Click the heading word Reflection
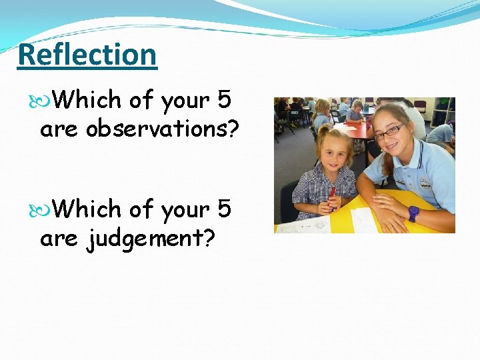tap(87, 55)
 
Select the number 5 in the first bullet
tap(223, 100)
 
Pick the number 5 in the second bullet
tap(223, 209)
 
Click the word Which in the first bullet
tap(87, 100)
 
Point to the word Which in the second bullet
tap(87, 209)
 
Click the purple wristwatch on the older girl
tap(413, 213)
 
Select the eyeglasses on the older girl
tap(389, 131)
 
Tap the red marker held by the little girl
tap(332, 194)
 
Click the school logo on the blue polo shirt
tap(425, 183)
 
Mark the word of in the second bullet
tap(141, 209)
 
